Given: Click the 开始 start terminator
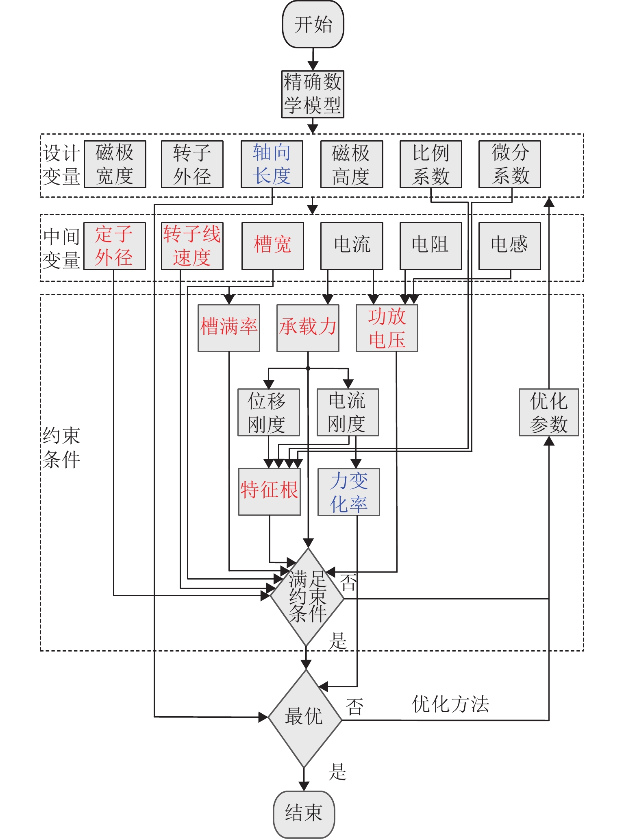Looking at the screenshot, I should [313, 24].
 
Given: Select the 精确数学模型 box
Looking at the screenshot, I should [313, 94].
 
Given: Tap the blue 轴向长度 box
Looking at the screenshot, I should [272, 164].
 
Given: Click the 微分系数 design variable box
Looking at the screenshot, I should [509, 164].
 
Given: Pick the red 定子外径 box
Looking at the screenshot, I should [114, 246].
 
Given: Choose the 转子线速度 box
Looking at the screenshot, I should [192, 246].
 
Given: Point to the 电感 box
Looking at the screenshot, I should [509, 245].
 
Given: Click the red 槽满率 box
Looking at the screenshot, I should [228, 328].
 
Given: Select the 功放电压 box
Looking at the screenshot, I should [387, 328].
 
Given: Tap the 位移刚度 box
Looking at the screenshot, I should [268, 412].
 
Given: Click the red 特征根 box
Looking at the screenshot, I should [269, 492].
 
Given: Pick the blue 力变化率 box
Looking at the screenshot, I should [348, 492].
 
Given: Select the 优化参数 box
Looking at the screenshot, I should [548, 412].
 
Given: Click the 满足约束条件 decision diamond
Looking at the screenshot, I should [307, 597].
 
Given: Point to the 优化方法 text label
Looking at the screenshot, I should [450, 704].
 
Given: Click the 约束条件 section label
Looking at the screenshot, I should [61, 448].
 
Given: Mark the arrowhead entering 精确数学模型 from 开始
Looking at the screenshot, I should [313, 66].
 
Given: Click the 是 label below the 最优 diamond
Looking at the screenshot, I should [337, 771].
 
